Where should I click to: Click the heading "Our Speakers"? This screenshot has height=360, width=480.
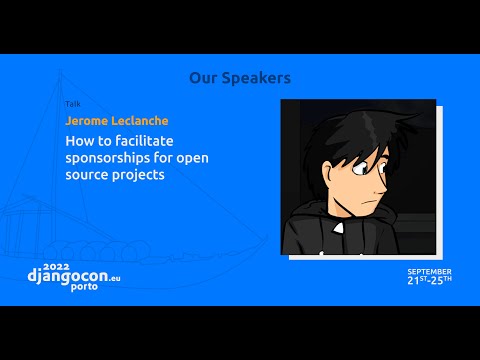[x=240, y=77]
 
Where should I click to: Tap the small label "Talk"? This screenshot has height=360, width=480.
[x=72, y=103]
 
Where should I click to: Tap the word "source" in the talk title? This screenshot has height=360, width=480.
[x=90, y=175]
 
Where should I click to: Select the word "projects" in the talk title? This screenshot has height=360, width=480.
[x=148, y=175]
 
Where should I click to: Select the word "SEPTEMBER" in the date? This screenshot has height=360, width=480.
[x=429, y=271]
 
